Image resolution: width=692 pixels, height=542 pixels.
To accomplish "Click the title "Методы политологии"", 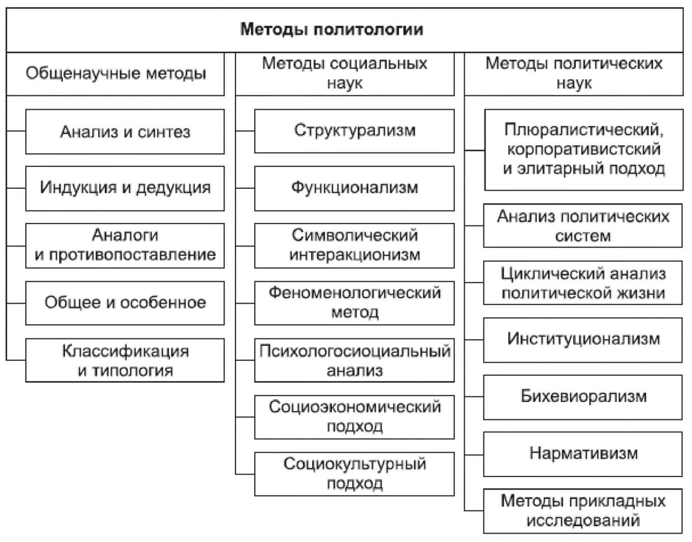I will (x=331, y=30).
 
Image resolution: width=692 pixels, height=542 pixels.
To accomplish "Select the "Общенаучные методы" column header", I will (x=116, y=74).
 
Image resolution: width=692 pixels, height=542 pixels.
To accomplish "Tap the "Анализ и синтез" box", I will (x=125, y=132).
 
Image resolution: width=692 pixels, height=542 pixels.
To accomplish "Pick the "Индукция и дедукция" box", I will (x=125, y=188).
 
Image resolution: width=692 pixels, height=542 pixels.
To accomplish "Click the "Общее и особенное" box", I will (x=125, y=303).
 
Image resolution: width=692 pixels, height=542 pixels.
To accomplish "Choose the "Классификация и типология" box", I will (x=125, y=360).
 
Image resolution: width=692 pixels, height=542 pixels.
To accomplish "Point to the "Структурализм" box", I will (x=354, y=130).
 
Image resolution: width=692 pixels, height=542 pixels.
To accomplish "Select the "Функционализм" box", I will (x=354, y=188).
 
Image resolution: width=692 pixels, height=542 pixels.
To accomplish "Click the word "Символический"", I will (x=354, y=235).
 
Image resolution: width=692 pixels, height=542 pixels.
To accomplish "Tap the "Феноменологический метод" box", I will (x=354, y=303).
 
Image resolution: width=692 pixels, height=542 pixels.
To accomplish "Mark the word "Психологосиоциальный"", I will (x=354, y=351).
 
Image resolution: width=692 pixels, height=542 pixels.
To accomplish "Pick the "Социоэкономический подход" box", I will (x=354, y=417).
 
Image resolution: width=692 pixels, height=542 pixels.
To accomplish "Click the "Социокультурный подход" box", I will (x=354, y=474).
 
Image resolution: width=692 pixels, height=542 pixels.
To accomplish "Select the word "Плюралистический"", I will (x=584, y=130).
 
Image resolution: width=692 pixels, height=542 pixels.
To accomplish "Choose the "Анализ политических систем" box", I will (x=583, y=226).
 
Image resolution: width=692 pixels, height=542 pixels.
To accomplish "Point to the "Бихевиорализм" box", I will (x=583, y=397).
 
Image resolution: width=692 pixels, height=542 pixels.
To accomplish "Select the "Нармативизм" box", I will (x=583, y=454).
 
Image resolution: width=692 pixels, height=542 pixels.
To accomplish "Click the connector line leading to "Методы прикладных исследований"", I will (x=474, y=510).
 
